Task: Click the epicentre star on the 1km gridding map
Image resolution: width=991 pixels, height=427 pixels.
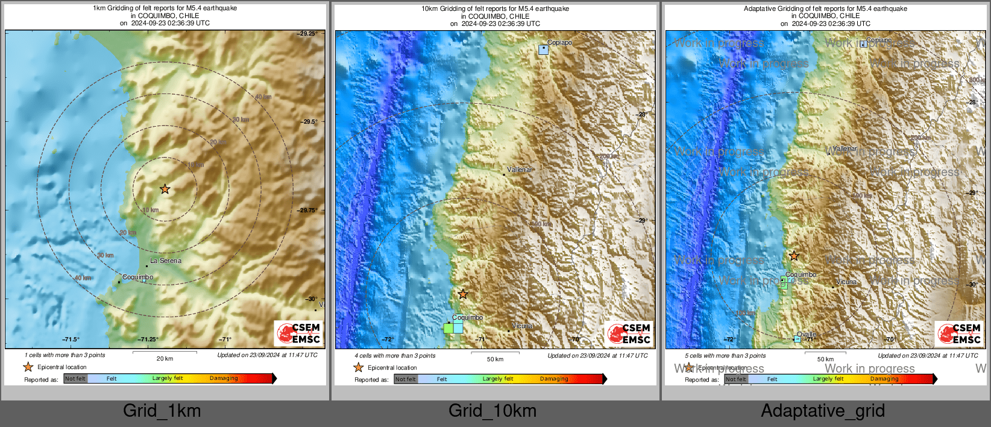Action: click(165, 189)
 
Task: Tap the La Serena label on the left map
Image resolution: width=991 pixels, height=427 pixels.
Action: click(165, 261)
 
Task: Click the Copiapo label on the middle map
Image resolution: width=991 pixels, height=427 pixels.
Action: click(559, 43)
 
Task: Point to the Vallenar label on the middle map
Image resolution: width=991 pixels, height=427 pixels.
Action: click(519, 170)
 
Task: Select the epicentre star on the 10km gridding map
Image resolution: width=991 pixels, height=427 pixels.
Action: click(462, 294)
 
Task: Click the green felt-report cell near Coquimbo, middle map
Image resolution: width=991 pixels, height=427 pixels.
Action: click(448, 328)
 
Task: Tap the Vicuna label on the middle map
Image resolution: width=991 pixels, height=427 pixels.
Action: click(522, 326)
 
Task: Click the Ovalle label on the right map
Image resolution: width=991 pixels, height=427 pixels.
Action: click(807, 334)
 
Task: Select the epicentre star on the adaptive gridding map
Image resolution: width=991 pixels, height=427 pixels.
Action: click(794, 256)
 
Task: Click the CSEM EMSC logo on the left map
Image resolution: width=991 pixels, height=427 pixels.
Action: click(299, 333)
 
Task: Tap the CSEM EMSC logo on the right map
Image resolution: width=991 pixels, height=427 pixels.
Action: click(960, 334)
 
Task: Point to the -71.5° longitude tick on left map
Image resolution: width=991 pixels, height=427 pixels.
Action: click(71, 340)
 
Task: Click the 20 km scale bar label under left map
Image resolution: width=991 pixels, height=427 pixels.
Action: click(165, 359)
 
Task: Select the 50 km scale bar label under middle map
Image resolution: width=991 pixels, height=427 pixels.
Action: click(495, 359)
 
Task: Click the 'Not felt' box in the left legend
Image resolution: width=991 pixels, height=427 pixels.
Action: click(75, 379)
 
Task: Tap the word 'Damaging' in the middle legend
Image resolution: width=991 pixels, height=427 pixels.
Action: click(554, 379)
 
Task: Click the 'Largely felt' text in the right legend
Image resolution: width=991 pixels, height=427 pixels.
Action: click(828, 379)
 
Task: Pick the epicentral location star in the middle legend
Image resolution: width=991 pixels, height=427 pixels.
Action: click(359, 367)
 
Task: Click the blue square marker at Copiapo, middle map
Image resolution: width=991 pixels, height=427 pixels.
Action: click(543, 50)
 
